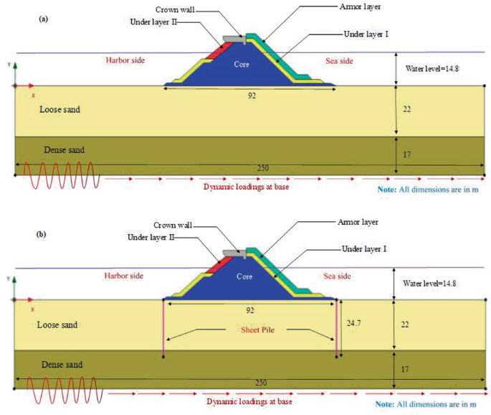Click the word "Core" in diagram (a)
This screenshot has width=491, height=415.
(242, 64)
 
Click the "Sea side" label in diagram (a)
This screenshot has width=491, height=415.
(339, 61)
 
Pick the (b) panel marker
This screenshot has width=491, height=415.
(44, 233)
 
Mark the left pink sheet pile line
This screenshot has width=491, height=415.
(164, 327)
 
